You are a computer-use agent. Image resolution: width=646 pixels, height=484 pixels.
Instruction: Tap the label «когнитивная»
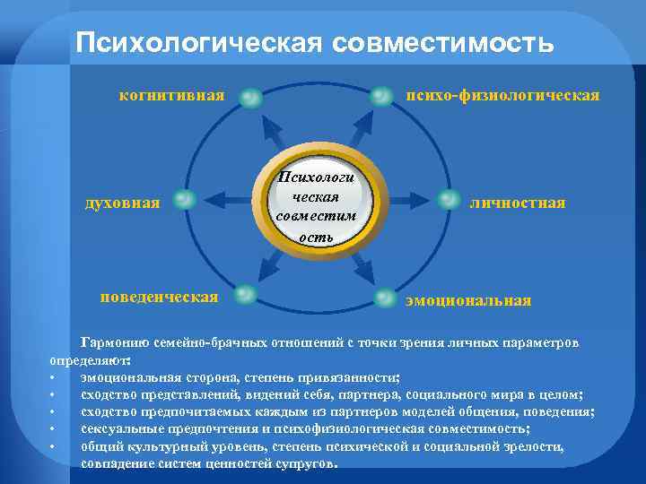[x=172, y=95]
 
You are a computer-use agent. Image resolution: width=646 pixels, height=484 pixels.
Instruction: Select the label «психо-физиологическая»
[x=502, y=95]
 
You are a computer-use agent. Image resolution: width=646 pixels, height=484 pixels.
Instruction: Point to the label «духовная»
[x=122, y=203]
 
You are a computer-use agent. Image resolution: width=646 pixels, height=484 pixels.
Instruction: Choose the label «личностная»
[x=518, y=203]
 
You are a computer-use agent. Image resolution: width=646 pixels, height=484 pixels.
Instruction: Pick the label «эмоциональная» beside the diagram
[x=467, y=300]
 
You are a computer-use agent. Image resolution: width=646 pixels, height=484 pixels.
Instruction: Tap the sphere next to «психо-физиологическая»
[x=381, y=94]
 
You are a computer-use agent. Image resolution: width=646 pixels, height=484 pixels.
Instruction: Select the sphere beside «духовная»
[x=186, y=200]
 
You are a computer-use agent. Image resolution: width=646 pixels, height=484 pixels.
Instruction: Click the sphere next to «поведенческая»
[x=244, y=294]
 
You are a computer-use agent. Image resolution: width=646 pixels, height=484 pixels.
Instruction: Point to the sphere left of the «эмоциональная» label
[x=383, y=298]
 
